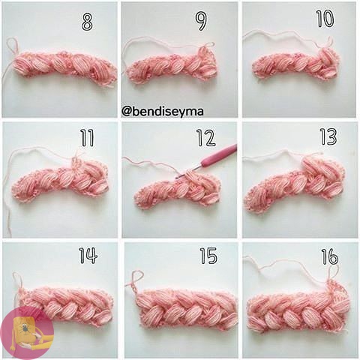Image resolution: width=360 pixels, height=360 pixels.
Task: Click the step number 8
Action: click(x=87, y=22)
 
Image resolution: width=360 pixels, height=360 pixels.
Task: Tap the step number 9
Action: click(x=201, y=22)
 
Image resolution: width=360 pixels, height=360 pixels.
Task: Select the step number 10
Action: click(x=325, y=19)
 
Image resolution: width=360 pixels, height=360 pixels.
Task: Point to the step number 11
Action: click(x=87, y=138)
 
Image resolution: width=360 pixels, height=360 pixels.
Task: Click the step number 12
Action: click(x=206, y=138)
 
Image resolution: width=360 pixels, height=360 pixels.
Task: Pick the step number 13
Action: click(x=328, y=136)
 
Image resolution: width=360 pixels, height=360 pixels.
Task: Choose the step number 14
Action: click(x=88, y=256)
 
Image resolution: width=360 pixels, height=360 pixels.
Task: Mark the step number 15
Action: click(x=208, y=256)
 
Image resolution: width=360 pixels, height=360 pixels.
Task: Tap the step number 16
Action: click(x=330, y=256)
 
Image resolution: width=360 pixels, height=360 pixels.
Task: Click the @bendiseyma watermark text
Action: click(x=163, y=112)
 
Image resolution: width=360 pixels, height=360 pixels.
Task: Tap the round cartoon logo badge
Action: click(x=27, y=333)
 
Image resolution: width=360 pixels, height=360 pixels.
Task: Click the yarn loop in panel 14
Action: click(x=17, y=280)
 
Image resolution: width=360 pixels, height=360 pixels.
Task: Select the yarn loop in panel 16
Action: click(x=333, y=274)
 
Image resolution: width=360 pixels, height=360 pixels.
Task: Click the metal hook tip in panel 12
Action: click(x=189, y=172)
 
